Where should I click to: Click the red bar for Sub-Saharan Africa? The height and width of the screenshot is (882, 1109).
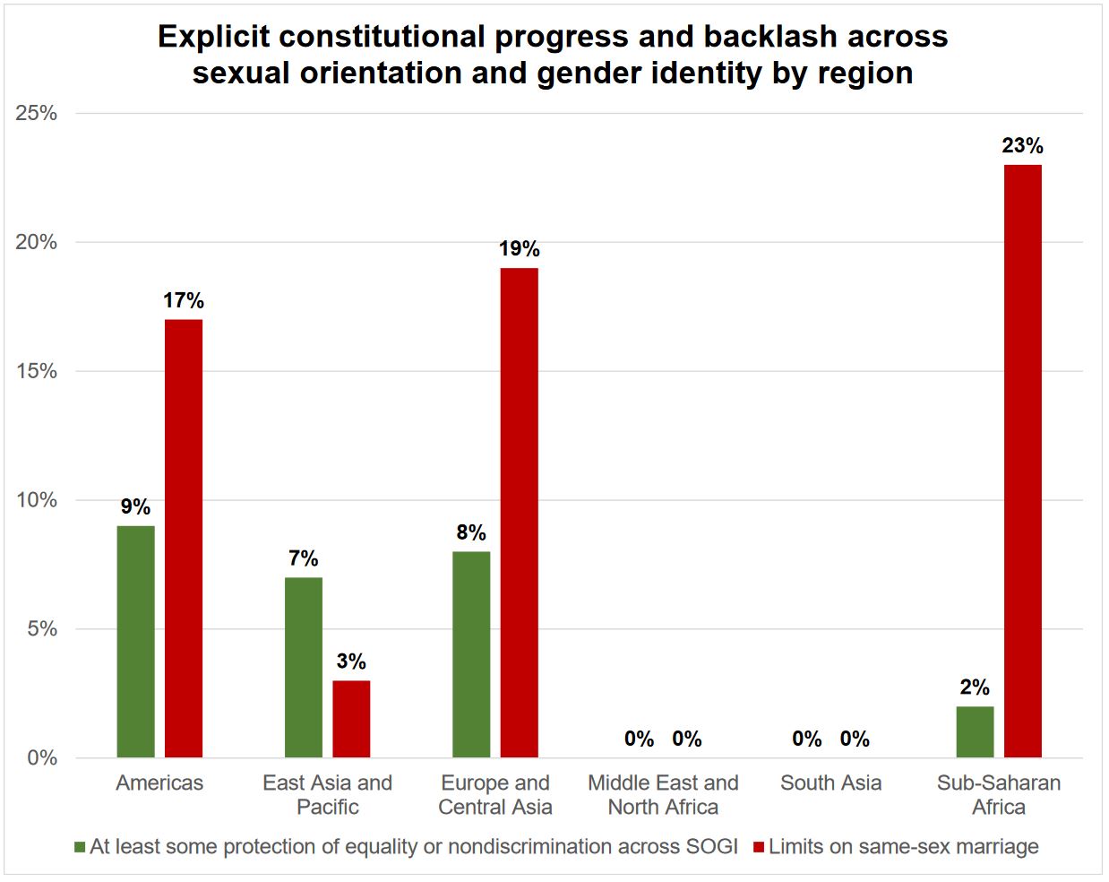pos(1022,461)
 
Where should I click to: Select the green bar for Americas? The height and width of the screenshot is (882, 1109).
pos(135,641)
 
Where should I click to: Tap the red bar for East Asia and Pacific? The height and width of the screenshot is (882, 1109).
pos(351,719)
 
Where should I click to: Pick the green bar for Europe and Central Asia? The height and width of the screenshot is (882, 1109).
pos(471,654)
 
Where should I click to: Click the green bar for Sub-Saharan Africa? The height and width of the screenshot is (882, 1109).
pos(975,731)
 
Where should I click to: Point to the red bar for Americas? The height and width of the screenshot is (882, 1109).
pos(184,538)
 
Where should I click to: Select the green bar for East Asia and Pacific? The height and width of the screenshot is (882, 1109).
pos(304,667)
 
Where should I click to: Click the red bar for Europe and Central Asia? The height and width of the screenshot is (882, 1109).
pos(519,512)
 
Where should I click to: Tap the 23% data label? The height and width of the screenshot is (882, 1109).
pos(1022,146)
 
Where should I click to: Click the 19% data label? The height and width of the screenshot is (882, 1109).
pos(519,249)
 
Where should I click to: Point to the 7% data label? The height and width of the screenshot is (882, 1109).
pos(304,558)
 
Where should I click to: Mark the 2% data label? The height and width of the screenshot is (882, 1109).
pos(975,687)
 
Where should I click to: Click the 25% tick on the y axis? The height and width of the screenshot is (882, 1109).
pos(37,113)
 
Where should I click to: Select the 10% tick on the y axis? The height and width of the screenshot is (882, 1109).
pos(37,500)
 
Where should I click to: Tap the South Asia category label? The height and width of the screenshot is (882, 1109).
pos(830,783)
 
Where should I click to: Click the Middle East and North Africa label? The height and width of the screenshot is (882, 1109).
pos(663,794)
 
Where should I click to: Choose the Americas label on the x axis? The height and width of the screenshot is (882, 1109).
pos(159,783)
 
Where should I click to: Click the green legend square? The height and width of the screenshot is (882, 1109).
pos(80,847)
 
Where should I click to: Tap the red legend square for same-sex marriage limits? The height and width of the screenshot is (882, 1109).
pos(759,847)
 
